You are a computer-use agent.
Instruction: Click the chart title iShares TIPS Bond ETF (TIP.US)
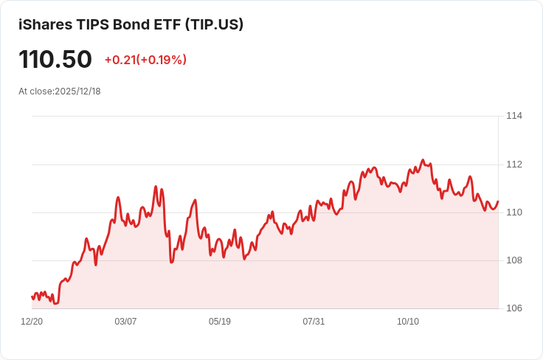[131, 24]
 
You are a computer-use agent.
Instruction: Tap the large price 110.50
[55, 60]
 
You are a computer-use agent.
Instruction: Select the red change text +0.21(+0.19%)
[145, 60]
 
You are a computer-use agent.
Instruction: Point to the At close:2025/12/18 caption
[60, 91]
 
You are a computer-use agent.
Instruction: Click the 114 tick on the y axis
[514, 116]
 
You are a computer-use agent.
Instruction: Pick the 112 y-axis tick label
[514, 165]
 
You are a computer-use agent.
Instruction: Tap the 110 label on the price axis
[514, 212]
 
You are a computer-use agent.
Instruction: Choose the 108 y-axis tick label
[514, 260]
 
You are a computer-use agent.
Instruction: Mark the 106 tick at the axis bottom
[514, 308]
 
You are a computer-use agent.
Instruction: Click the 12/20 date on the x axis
[32, 322]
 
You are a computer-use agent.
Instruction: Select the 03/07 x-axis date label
[125, 322]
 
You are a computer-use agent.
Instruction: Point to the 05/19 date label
[220, 322]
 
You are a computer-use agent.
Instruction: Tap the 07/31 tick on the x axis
[314, 322]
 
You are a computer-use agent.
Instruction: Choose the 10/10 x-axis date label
[408, 322]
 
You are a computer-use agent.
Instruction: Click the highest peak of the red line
[423, 160]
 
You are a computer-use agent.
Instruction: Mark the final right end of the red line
[498, 201]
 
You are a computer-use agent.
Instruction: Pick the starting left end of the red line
[32, 297]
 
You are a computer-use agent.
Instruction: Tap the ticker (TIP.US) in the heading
[214, 25]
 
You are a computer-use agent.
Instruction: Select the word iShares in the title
[45, 24]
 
